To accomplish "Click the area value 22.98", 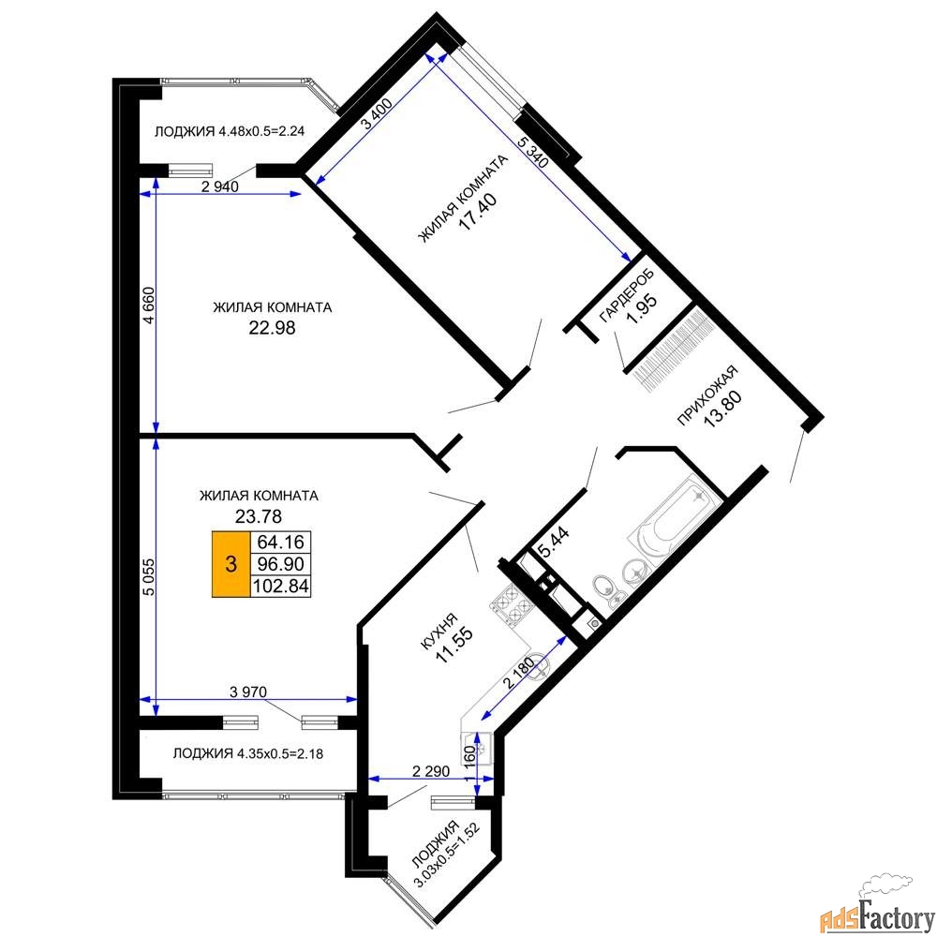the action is (272, 327).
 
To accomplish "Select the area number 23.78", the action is (259, 515).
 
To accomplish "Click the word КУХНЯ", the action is (439, 631).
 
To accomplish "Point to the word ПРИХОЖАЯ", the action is (706, 395).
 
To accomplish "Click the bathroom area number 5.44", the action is (554, 542).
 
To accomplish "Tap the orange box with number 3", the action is (231, 564).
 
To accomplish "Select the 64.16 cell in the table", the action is (280, 542).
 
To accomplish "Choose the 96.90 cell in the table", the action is (280, 563).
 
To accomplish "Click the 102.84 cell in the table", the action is (280, 586).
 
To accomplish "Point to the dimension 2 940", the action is (220, 186).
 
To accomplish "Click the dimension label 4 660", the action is (149, 305).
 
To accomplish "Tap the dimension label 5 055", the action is (149, 576).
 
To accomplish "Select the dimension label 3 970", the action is (248, 692).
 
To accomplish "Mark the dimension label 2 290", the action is (431, 771).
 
